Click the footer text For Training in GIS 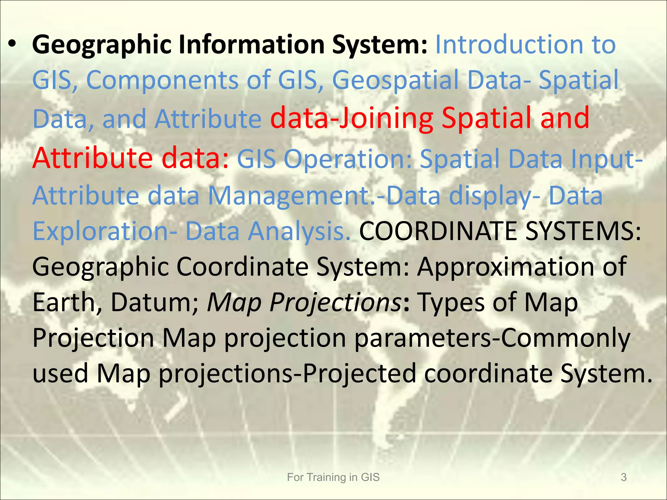pyautogui.click(x=333, y=477)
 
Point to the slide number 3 pyautogui.click(x=624, y=477)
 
